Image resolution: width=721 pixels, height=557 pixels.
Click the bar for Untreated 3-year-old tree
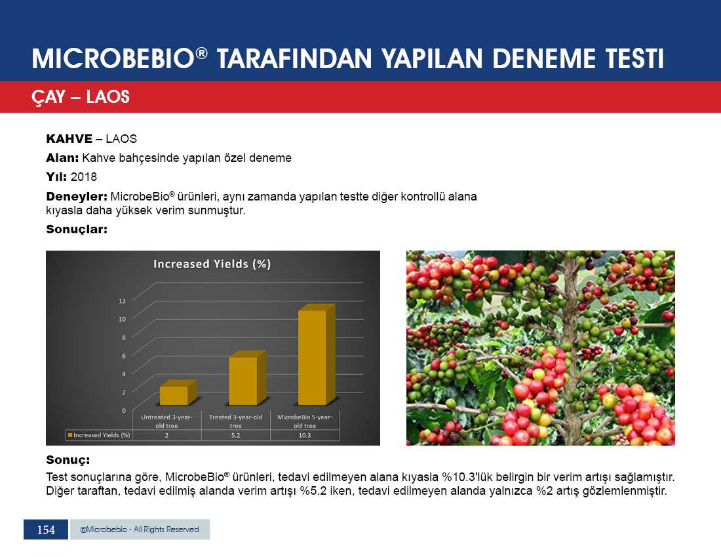tap(178, 393)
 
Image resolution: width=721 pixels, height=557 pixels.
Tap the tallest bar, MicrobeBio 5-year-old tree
tap(317, 355)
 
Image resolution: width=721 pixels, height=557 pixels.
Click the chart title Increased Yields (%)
tap(212, 264)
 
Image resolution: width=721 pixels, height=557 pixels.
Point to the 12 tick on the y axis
tap(122, 301)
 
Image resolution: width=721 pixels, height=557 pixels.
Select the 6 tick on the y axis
tap(124, 356)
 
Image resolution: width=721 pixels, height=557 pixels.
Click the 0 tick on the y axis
tap(124, 410)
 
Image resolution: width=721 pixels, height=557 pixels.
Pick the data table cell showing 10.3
tap(305, 435)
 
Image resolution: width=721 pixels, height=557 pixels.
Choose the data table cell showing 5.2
tap(235, 435)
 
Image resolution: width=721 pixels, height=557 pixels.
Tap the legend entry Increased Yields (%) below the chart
tap(99, 434)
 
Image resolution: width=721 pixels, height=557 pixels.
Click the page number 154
tap(46, 530)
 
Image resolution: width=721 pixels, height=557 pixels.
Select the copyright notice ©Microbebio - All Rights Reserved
tap(140, 529)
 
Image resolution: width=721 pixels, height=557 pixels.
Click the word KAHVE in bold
tap(69, 139)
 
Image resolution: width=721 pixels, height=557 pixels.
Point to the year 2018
tap(84, 177)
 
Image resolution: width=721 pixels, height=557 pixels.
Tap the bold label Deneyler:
tap(77, 197)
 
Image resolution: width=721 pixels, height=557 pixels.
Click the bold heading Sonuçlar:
tap(77, 229)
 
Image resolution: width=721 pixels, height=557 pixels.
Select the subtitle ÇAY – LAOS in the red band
tap(81, 97)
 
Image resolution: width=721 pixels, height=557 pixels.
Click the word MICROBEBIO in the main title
tap(113, 59)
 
